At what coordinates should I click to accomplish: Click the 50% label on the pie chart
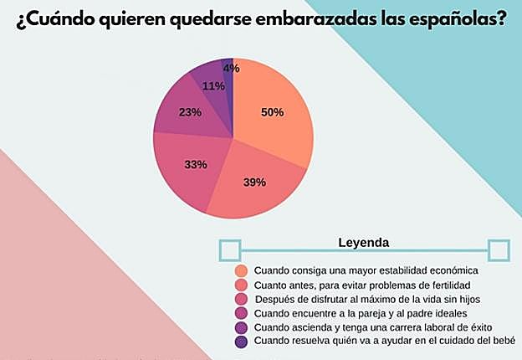pos(272,112)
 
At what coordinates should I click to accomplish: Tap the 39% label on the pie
pos(254,182)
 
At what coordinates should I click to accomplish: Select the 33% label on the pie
pos(196,165)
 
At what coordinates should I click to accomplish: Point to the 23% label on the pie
pos(190,112)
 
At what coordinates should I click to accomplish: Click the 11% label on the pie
pos(213,86)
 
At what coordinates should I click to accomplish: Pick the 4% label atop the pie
pos(231,68)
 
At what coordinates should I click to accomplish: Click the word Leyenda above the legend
pos(363,243)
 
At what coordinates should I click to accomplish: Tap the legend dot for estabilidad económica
pos(242,270)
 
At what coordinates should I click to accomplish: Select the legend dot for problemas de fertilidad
pos(242,285)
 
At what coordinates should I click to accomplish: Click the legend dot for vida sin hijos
pos(242,299)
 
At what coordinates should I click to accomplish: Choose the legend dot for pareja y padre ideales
pos(242,313)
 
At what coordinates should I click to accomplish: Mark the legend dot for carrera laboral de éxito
pos(242,327)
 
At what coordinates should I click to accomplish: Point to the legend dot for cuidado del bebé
pos(242,342)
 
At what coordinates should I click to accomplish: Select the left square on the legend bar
pos(229,249)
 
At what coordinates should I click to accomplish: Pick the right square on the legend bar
pos(499,249)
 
